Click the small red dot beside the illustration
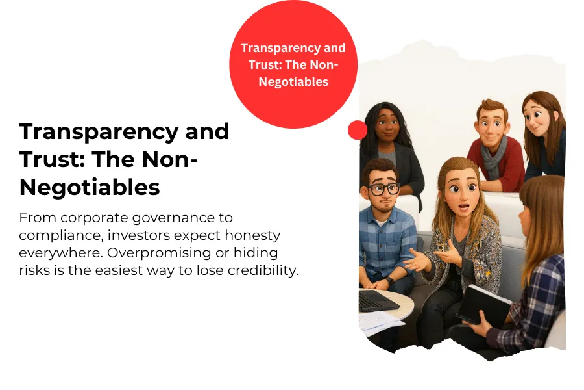(x=357, y=130)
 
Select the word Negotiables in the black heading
(x=90, y=187)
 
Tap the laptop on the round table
(x=376, y=300)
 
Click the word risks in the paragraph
(x=34, y=270)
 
